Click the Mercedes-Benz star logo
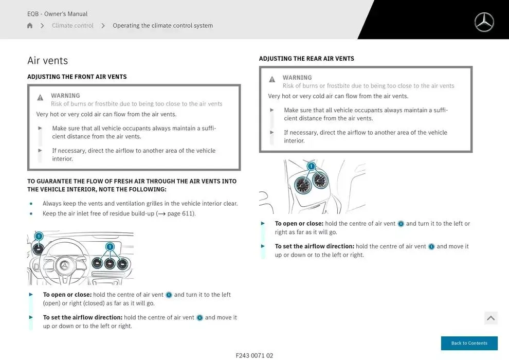coord(484,22)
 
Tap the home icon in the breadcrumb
coord(30,26)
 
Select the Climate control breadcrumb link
coord(72,26)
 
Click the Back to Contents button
coord(469,343)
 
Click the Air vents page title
coord(47,61)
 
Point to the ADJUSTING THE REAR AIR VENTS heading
coord(306,59)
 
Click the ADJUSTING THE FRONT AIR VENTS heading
coord(77,77)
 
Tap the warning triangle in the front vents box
coord(40,98)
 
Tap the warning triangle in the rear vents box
coord(272,80)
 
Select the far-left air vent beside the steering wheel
coord(38,250)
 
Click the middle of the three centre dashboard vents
coord(110,264)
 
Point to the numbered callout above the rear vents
coord(311,166)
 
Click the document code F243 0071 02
coord(254,355)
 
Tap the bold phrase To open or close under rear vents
coord(299,224)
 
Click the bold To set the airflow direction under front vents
coord(82,317)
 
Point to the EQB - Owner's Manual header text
coord(57,14)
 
